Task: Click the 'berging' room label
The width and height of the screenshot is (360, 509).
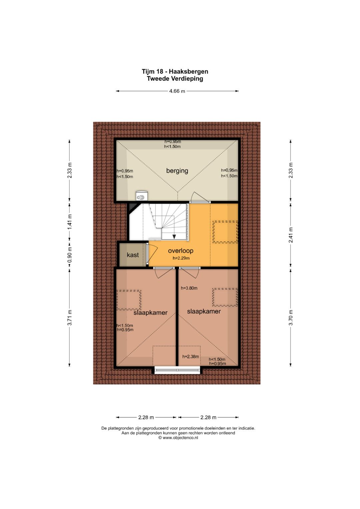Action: point(177,171)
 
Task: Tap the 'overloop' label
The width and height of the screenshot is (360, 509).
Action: point(181,251)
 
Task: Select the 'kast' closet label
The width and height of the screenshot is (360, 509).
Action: point(133,255)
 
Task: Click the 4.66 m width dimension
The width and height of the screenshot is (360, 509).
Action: point(177,91)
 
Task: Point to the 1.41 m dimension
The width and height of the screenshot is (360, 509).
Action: point(70,222)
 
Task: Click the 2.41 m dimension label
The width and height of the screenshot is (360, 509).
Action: point(291,235)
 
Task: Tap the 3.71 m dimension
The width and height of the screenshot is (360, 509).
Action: point(70,318)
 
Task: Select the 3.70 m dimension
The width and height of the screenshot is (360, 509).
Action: point(291,318)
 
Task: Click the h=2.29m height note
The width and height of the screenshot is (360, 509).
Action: point(181,258)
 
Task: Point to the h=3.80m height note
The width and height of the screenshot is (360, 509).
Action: point(189,288)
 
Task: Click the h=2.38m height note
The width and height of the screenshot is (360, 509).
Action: point(190,357)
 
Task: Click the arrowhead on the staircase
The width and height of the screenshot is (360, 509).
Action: point(174,237)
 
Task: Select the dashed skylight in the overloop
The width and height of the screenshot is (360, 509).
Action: point(225,232)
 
